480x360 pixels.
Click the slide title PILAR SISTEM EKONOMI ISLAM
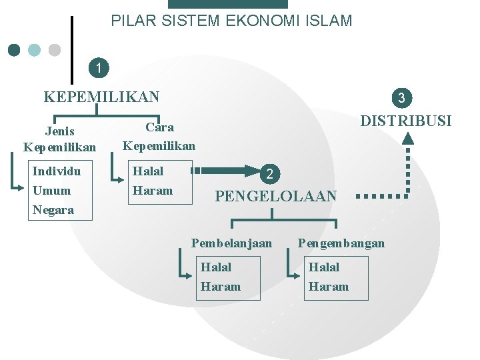pos(231,21)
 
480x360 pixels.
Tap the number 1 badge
pos(99,67)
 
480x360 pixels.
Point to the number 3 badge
pos(401,98)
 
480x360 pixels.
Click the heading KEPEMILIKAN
pos(101,97)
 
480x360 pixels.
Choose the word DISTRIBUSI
pos(405,121)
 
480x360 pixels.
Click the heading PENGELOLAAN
pos(275,196)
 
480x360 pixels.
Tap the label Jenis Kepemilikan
pos(59,139)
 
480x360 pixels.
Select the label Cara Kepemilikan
pos(159,136)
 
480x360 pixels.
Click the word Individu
pos(57,171)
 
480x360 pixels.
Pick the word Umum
pos(51,191)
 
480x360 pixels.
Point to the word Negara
pos(53,210)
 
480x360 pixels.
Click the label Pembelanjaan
pos(231,243)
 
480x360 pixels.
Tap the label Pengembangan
pos(341,243)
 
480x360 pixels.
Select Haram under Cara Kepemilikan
pos(153,191)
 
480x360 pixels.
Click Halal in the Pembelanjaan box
pos(216,267)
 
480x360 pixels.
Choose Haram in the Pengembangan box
pos(328,287)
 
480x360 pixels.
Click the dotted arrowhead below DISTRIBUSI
pos(408,138)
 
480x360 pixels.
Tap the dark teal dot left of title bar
pos(14,50)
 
